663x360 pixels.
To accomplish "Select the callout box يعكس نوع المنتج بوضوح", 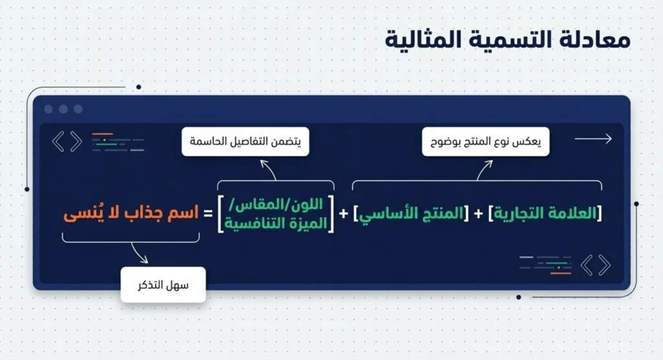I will tap(486, 141).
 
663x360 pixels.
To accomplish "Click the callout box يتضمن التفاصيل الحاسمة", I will tap(245, 141).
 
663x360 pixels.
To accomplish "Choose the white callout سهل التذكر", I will tap(163, 285).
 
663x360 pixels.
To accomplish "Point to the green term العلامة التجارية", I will tap(548, 214).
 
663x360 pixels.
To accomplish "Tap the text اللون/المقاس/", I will tap(276, 205).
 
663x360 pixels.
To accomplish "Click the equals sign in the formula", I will tap(208, 214).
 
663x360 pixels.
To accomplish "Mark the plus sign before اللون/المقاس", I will tap(343, 214).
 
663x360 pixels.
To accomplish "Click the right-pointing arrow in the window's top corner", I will tap(592, 139).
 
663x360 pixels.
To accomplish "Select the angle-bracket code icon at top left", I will tap(67, 141).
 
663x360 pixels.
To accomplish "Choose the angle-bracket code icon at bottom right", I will tap(595, 265).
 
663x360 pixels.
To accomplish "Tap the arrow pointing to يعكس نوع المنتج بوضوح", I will tap(482, 170).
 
